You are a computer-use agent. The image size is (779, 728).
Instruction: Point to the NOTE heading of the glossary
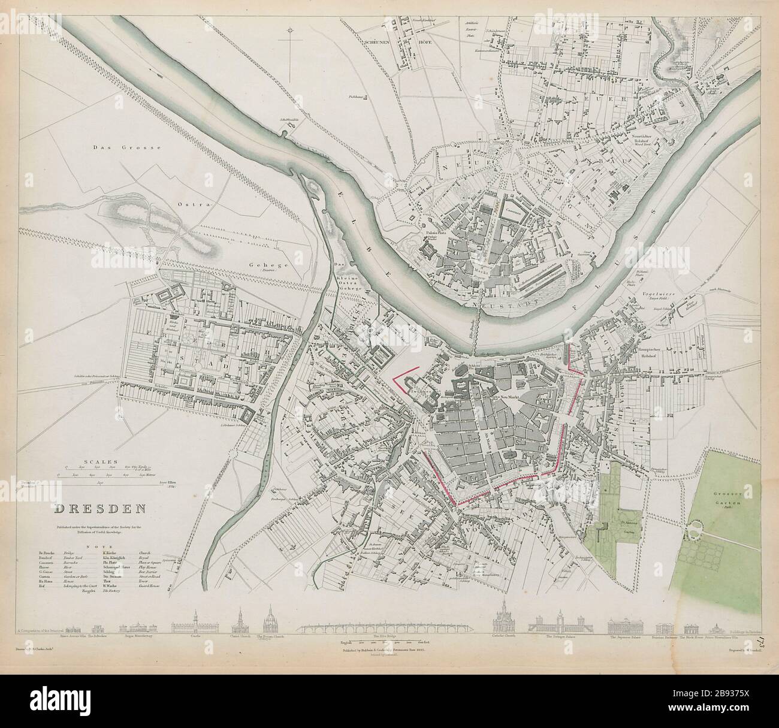tap(95, 548)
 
